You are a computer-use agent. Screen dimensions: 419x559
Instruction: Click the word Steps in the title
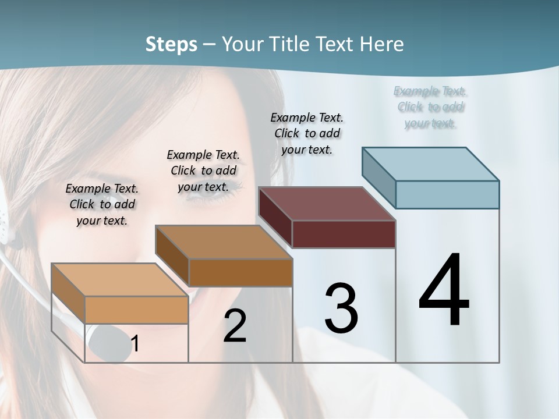click(171, 44)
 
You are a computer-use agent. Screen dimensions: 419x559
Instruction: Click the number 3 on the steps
click(341, 308)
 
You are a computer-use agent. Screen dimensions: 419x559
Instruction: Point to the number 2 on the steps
click(235, 326)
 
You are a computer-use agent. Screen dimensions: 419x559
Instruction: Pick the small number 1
click(135, 344)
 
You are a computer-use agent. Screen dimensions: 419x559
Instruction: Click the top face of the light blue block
click(431, 164)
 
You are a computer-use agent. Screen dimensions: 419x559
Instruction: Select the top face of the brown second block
click(224, 242)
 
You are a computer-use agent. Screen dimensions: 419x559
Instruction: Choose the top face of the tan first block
click(120, 280)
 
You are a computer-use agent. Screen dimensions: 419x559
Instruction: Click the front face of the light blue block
click(447, 194)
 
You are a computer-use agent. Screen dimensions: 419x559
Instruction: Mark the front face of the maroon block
click(344, 234)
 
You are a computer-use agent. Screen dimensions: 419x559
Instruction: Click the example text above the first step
click(102, 204)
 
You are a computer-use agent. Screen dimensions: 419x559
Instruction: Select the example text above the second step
click(203, 171)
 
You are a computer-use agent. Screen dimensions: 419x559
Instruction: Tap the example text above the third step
click(307, 133)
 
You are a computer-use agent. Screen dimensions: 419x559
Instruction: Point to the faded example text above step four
click(430, 107)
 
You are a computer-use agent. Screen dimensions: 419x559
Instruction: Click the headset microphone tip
click(108, 343)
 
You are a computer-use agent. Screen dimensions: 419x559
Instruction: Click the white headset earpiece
click(5, 218)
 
